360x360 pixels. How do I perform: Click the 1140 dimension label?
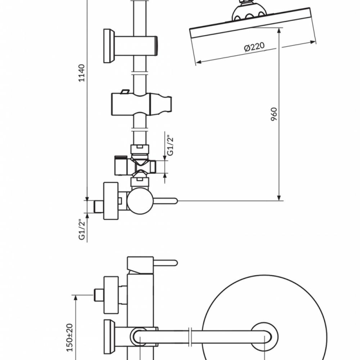82,73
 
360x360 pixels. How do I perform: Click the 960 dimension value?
274,114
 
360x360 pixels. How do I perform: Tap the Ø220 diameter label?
254,47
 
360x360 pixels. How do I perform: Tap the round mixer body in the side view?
140,201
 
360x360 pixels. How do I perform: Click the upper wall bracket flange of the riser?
107,46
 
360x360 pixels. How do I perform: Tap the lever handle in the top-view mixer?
166,262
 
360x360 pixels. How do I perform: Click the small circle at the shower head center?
265,336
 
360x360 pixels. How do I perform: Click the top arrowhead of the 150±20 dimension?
76,297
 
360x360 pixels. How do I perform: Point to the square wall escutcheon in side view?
111,201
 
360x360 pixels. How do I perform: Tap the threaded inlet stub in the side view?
98,206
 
